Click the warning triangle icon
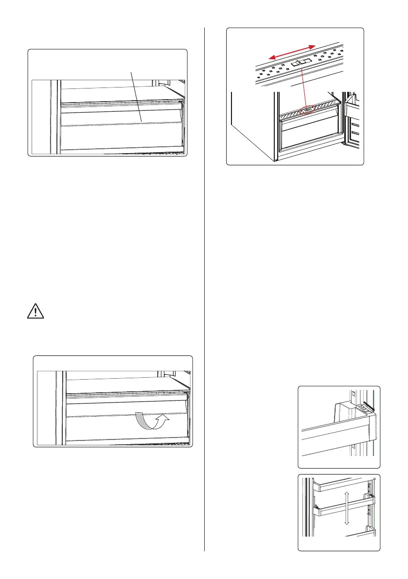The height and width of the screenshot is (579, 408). (x=35, y=312)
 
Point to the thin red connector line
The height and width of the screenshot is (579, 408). (x=303, y=88)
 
